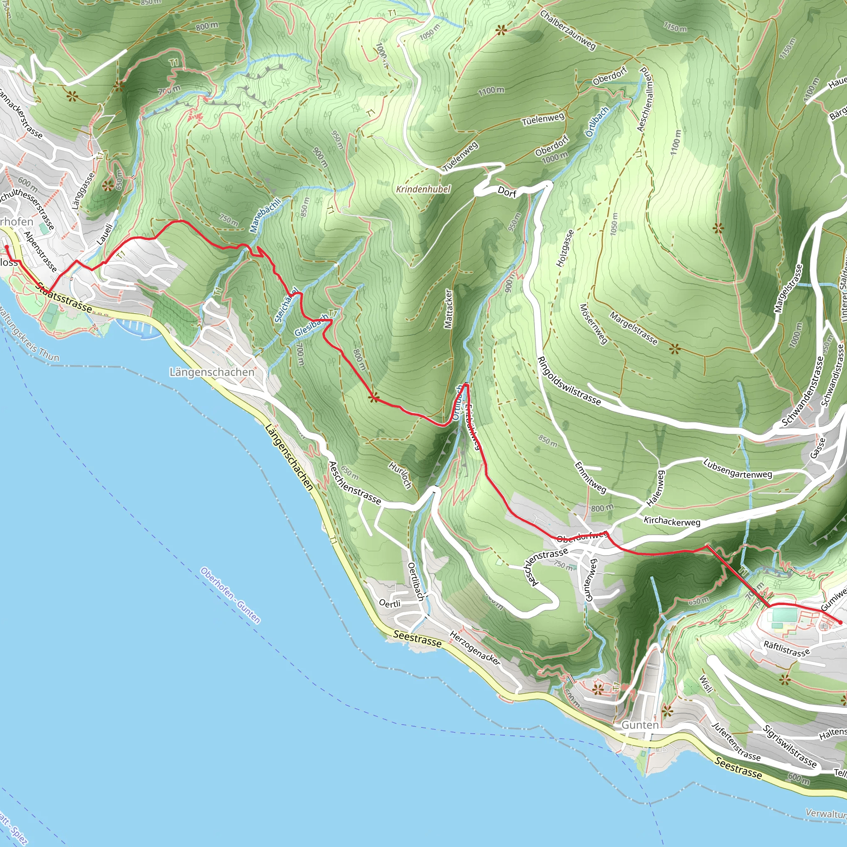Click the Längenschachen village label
[x=212, y=372]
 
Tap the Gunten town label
[x=640, y=725]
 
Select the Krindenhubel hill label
[x=423, y=189]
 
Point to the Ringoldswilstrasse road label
[x=569, y=380]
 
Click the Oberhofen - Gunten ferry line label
[x=231, y=595]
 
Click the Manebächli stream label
[x=265, y=215]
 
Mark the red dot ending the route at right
[x=840, y=622]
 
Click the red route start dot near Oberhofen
[x=7, y=247]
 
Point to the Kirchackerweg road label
[x=672, y=521]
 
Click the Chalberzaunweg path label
[x=567, y=30]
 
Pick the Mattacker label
[x=447, y=309]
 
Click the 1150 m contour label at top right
[x=675, y=27]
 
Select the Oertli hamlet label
[x=389, y=604]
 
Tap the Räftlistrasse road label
[x=786, y=649]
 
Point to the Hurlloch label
[x=400, y=475]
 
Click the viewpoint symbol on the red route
[x=374, y=398]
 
